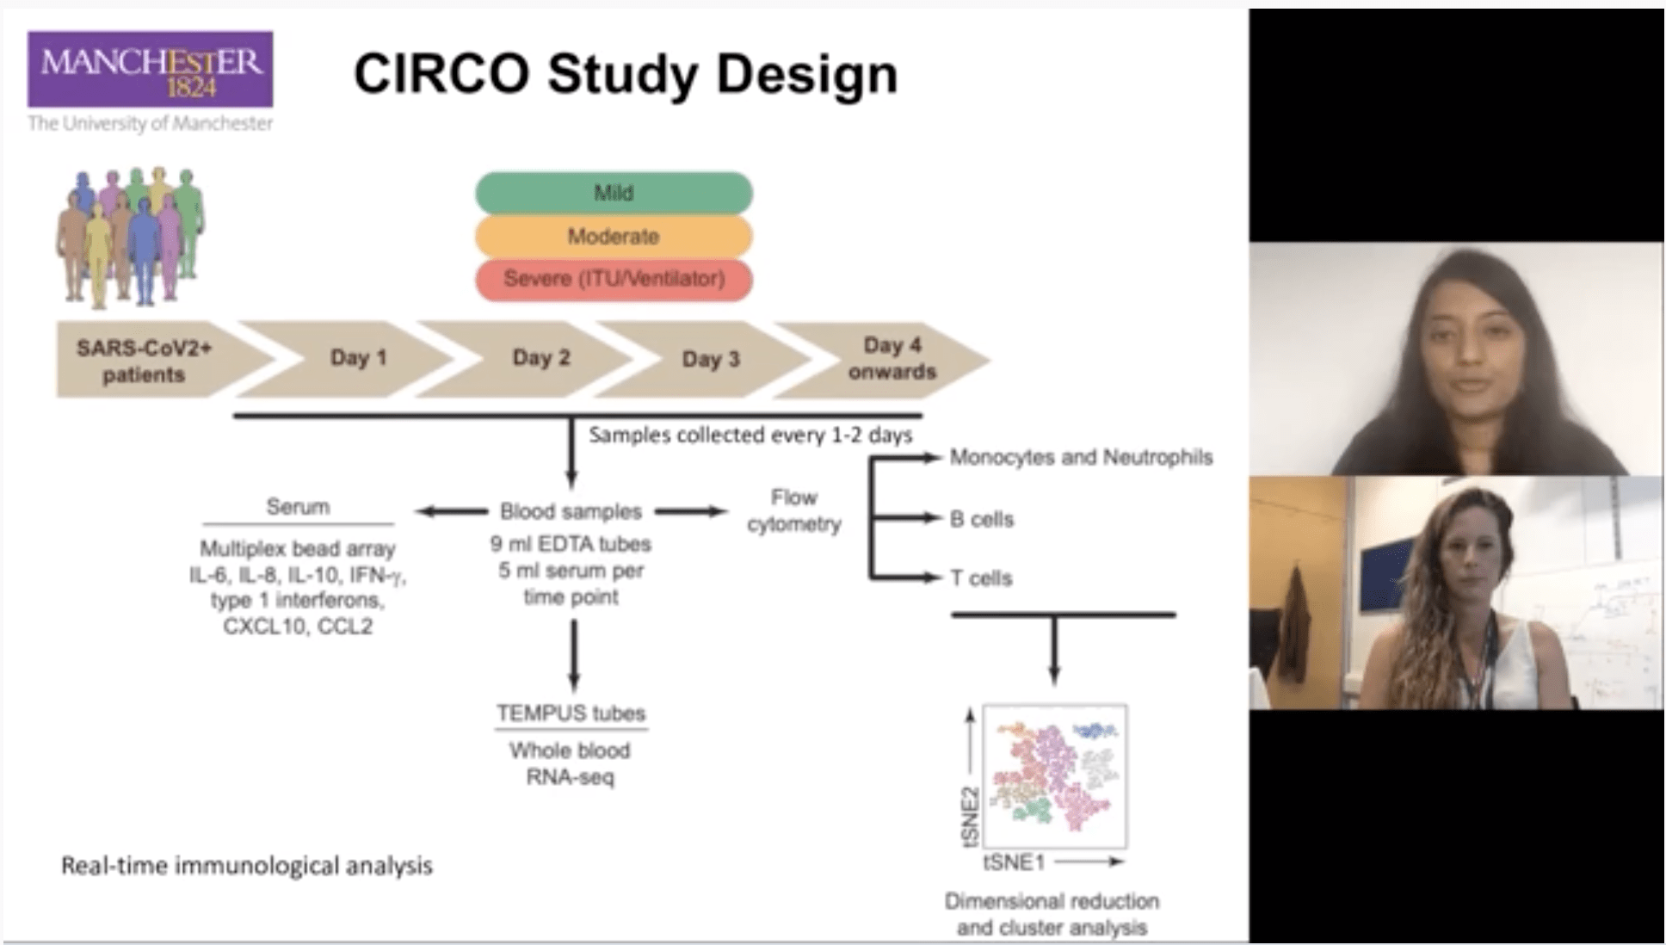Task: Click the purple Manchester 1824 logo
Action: [x=151, y=70]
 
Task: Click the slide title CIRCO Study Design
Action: [x=626, y=74]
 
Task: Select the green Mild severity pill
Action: [x=614, y=193]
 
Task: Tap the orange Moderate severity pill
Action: [x=614, y=237]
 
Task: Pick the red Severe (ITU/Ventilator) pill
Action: [x=614, y=279]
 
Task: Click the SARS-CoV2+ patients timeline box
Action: [x=145, y=361]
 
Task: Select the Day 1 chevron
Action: [x=358, y=358]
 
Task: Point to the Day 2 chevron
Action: [x=540, y=358]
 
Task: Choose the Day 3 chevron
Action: [x=711, y=359]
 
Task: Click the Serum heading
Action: [x=298, y=507]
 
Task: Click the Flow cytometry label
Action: [x=793, y=510]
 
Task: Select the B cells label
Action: [x=981, y=519]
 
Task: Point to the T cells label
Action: [x=981, y=578]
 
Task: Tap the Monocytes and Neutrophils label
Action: [x=1081, y=457]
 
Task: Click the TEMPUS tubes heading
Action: [x=571, y=713]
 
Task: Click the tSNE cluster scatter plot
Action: [x=1055, y=776]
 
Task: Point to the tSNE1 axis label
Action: [x=1014, y=862]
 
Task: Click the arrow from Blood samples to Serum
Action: [x=452, y=511]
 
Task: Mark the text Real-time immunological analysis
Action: [x=247, y=866]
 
